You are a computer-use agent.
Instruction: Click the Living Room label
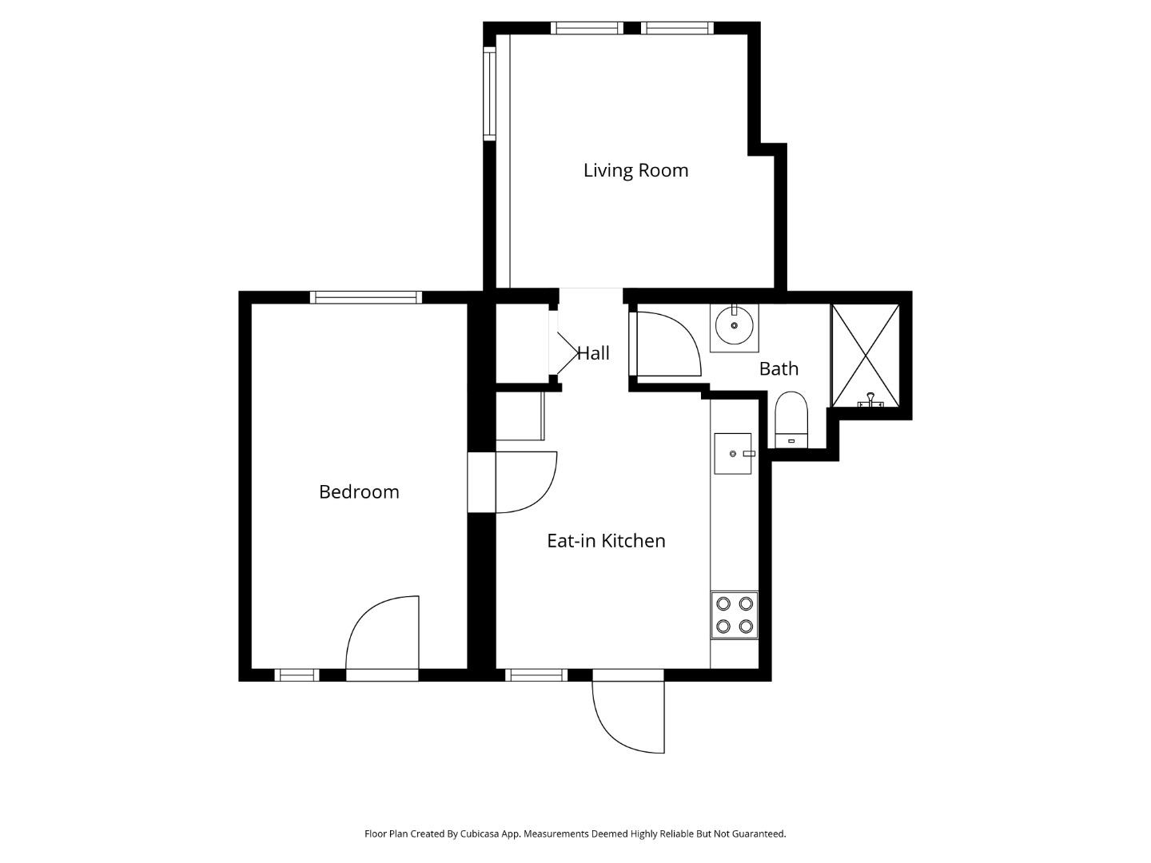click(635, 170)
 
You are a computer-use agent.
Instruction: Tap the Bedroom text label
click(359, 492)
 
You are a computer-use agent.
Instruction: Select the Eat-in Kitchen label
click(606, 541)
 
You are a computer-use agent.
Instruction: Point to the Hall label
click(593, 353)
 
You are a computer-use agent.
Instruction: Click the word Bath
click(779, 368)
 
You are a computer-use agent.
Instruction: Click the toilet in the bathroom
click(791, 420)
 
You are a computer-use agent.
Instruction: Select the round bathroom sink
click(734, 326)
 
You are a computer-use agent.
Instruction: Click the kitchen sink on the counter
click(733, 454)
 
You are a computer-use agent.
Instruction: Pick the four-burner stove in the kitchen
click(735, 615)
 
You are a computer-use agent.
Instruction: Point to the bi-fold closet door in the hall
click(564, 344)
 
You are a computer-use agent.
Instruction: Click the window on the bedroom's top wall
click(366, 297)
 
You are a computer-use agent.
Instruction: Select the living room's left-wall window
click(490, 93)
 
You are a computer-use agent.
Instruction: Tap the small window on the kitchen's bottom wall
click(536, 675)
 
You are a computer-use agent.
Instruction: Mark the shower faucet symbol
click(870, 401)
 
